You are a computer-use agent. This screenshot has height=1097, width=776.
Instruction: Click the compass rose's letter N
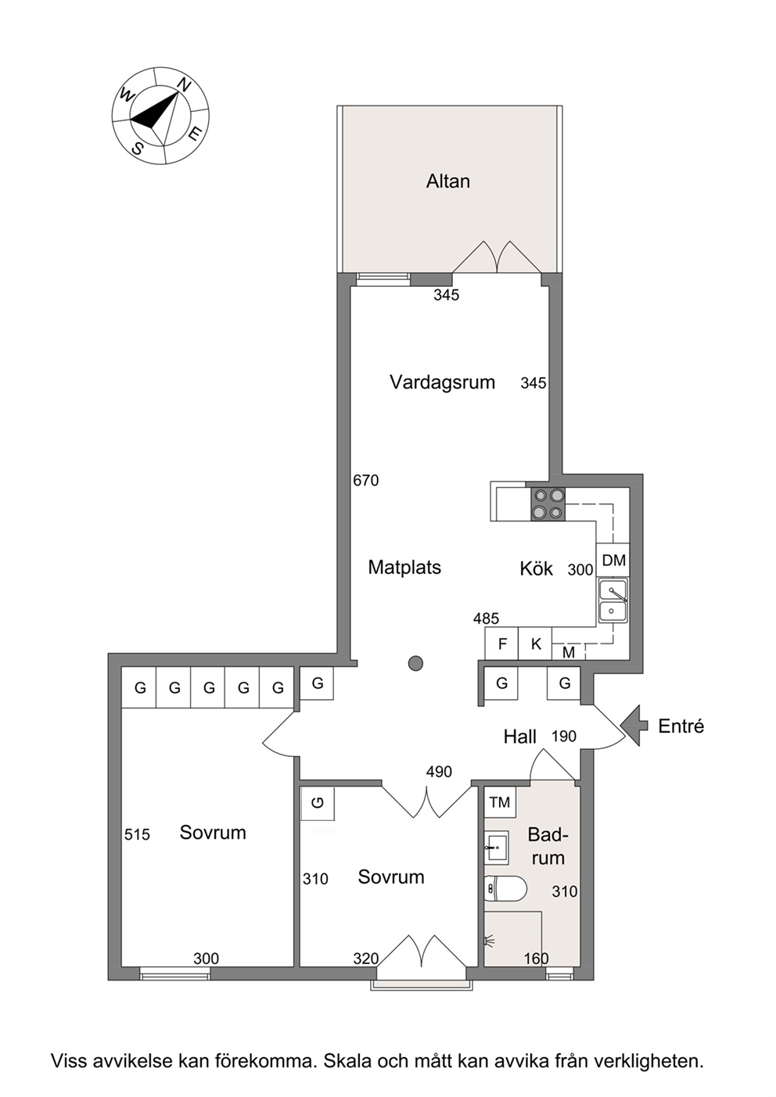(x=184, y=85)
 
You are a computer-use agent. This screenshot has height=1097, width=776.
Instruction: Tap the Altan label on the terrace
(x=447, y=181)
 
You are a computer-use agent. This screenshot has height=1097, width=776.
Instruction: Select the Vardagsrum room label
(x=442, y=382)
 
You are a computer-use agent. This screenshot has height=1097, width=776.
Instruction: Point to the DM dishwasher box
(x=613, y=561)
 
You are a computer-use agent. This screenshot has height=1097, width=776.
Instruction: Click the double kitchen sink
(x=613, y=600)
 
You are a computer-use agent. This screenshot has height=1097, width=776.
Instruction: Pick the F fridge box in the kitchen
(x=501, y=644)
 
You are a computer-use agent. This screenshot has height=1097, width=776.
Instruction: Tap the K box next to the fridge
(x=536, y=644)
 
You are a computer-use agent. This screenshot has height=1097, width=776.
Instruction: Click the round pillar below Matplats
(x=415, y=663)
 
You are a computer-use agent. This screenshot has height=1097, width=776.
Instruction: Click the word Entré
(x=681, y=726)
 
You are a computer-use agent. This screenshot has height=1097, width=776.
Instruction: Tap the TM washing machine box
(x=500, y=802)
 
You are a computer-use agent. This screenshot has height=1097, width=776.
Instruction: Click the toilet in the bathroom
(x=505, y=888)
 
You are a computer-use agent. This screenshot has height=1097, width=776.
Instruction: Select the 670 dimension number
(x=366, y=480)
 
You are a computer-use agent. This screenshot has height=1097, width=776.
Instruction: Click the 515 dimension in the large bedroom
(x=137, y=834)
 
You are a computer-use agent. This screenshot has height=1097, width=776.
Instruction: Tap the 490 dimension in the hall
(x=439, y=772)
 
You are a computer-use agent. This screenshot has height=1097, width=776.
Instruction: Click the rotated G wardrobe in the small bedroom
(x=318, y=802)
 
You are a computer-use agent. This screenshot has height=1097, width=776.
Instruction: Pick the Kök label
(x=536, y=568)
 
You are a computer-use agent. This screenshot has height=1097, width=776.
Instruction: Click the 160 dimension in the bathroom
(x=536, y=959)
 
